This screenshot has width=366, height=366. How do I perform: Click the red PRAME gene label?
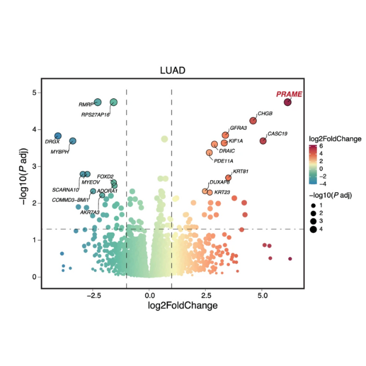pos(289,94)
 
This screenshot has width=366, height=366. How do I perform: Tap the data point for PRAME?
pos(288,102)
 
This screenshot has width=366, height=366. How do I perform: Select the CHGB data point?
pos(253,120)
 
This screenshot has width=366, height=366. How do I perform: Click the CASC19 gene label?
pos(277,133)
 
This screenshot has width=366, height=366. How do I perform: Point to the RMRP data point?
pos(98,102)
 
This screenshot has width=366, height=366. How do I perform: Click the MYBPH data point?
pos(73,141)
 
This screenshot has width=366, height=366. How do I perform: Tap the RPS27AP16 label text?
pos(95,114)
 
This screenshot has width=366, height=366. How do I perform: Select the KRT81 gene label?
pos(240,171)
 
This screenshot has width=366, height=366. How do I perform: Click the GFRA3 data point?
pos(225,135)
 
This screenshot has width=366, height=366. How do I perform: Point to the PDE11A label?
pos(222,161)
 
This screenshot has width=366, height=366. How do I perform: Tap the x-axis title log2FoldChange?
pos(174,306)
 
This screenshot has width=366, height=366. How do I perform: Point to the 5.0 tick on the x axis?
pos(262,296)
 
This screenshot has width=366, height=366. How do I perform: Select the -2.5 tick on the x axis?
pos(93,296)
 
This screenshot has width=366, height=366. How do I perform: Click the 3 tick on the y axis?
pos(34,166)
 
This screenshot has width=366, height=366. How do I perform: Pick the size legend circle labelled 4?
pos(314,229)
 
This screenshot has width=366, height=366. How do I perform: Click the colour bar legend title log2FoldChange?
pos(335,139)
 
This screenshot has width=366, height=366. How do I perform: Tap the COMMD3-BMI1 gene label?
pos(70,200)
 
